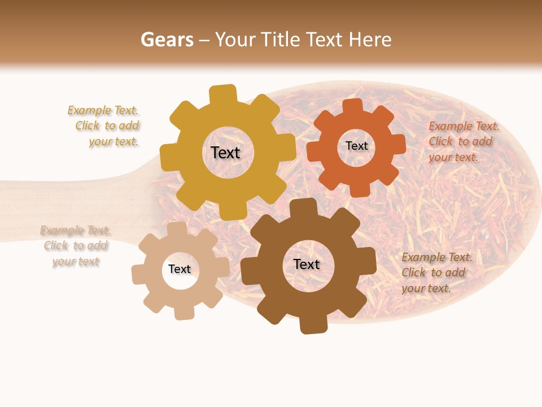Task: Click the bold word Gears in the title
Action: click(x=167, y=40)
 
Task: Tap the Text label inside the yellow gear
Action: click(x=225, y=153)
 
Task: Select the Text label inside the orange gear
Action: click(x=356, y=146)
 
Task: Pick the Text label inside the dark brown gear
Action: click(x=307, y=264)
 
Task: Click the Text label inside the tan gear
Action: click(x=180, y=269)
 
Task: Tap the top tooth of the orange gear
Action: click(x=352, y=106)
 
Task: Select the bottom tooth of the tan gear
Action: click(x=183, y=311)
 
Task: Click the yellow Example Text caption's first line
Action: click(x=103, y=110)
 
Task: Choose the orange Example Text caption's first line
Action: click(x=464, y=126)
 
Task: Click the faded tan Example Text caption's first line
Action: click(x=75, y=230)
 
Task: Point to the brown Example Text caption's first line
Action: click(x=436, y=257)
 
